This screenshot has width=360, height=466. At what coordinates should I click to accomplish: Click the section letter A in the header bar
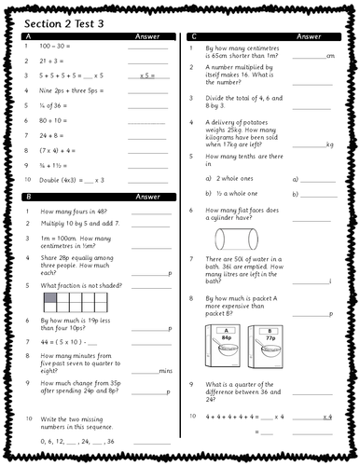(25, 35)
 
